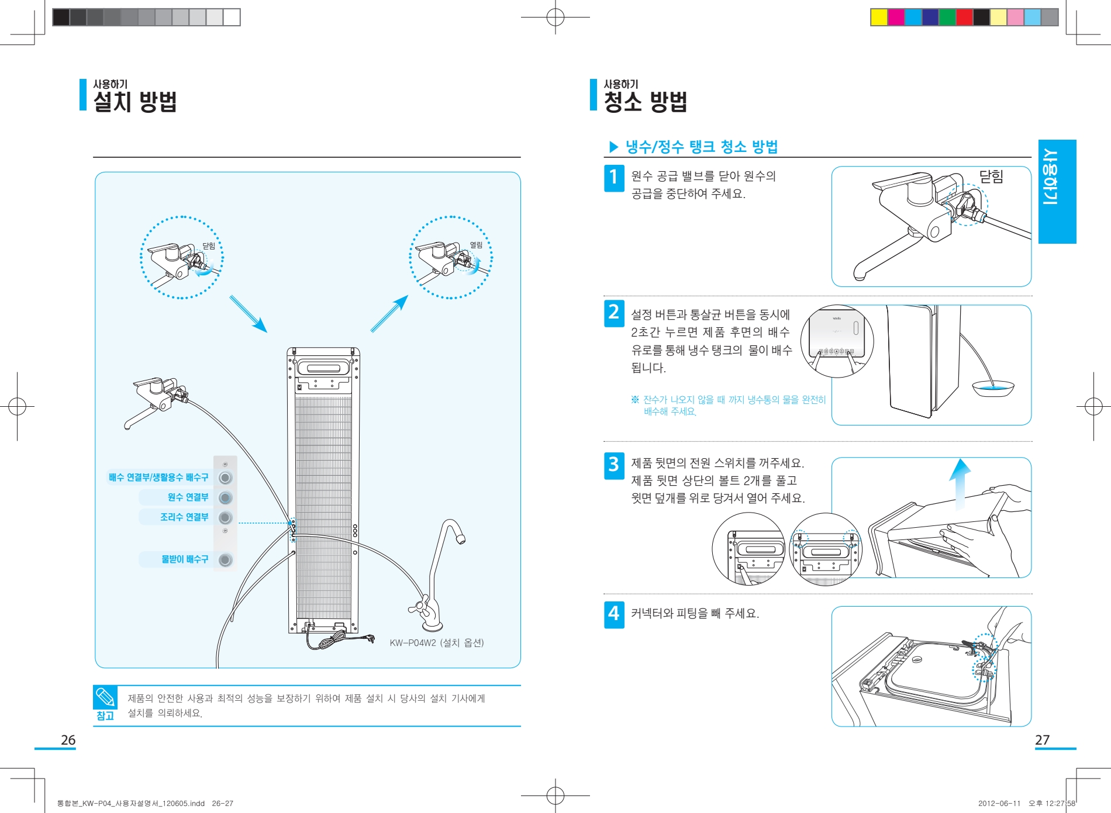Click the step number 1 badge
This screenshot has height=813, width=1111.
(613, 178)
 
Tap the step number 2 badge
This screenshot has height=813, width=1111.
(613, 313)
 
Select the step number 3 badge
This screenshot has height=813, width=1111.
(613, 465)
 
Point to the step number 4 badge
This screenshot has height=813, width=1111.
(613, 614)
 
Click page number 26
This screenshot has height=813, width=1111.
(68, 740)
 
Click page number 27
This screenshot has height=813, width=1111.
(1042, 740)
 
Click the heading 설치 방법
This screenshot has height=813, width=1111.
(135, 102)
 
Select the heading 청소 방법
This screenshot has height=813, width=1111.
(646, 102)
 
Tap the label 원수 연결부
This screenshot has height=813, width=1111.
(188, 497)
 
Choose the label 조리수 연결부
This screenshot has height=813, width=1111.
(184, 517)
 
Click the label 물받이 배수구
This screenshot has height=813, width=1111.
(185, 559)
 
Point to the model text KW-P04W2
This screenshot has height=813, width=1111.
(413, 643)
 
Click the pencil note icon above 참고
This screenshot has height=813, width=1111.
(105, 697)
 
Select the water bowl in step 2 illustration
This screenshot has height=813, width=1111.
(993, 388)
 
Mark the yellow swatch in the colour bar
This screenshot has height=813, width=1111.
(879, 18)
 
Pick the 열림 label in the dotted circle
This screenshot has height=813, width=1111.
(476, 245)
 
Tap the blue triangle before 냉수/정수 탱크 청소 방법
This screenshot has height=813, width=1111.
(613, 147)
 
